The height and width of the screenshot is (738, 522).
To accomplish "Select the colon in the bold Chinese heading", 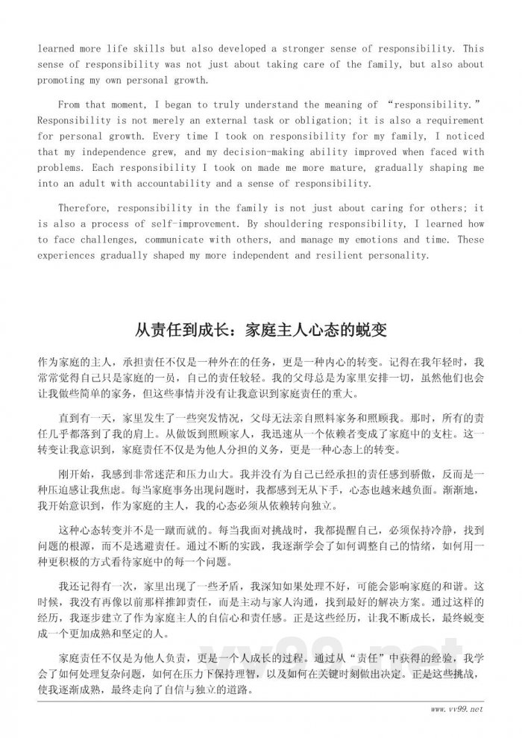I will (x=224, y=330).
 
